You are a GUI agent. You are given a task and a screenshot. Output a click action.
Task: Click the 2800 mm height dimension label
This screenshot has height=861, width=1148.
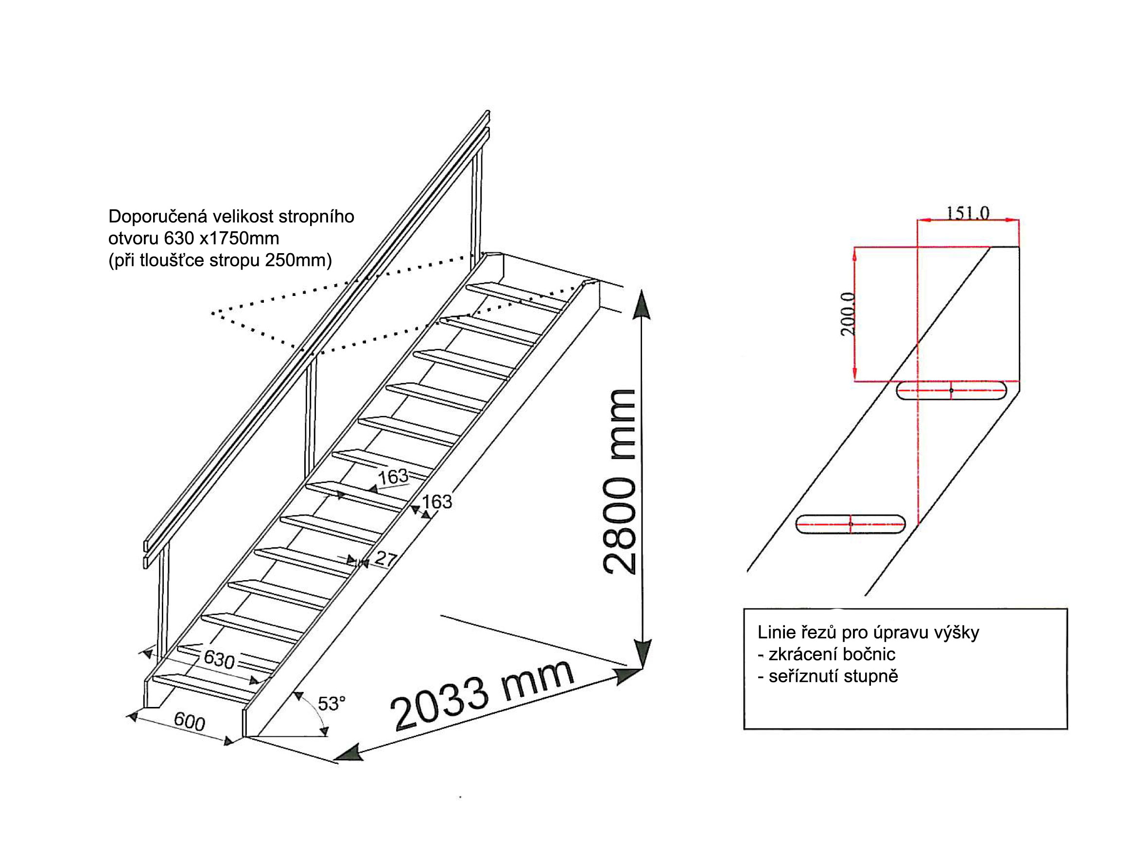coord(620,482)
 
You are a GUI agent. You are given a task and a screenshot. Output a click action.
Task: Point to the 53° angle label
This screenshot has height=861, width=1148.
coord(331,704)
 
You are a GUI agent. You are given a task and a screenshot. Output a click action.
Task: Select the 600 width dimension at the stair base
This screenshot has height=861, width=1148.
coord(190,722)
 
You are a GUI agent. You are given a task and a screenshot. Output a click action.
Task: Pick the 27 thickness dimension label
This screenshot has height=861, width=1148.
coord(385,559)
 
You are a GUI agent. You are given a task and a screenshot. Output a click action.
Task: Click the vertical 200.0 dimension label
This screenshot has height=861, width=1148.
coord(848,314)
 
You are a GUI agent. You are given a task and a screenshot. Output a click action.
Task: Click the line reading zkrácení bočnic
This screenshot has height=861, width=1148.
coord(827,654)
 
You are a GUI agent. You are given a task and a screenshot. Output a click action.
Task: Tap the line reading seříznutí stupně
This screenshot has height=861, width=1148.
coord(828,676)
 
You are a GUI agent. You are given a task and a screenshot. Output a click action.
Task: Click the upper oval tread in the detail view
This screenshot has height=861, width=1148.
coord(951,390)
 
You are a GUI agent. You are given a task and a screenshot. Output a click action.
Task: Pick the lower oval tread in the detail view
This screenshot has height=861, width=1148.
coord(851,524)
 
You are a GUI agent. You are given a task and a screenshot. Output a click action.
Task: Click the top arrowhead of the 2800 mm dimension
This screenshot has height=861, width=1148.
coord(643,304)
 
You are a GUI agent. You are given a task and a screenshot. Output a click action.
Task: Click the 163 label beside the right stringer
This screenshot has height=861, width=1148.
coord(437,501)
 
